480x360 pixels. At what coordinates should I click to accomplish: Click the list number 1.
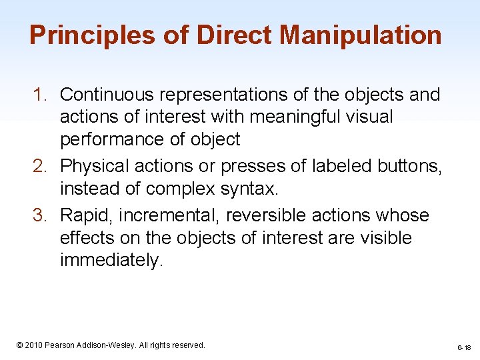coord(40,95)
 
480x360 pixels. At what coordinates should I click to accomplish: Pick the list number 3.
coord(40,215)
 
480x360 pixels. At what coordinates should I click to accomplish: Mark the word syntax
coord(247,189)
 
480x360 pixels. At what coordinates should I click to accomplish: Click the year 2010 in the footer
coord(35,345)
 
